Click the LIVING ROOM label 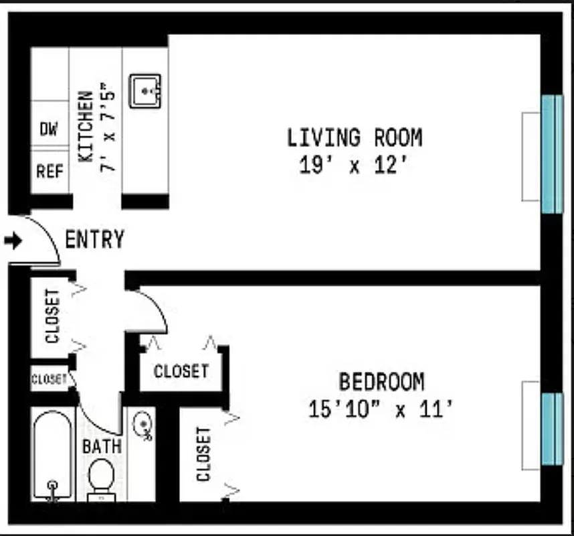pos(355,137)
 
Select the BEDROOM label pos(381,382)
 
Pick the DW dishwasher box pos(49,129)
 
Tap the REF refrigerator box pos(50,172)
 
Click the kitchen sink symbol pos(145,90)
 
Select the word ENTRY pos(94,240)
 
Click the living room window pos(551,155)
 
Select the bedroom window pos(551,429)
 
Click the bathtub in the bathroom pos(52,456)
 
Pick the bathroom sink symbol pos(143,426)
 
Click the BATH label pos(102,446)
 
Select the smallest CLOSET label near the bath pos(50,379)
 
